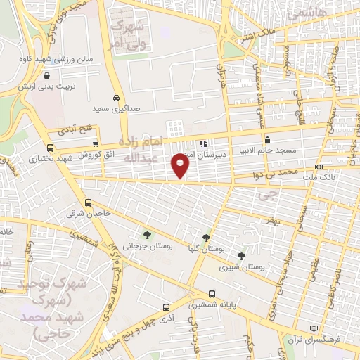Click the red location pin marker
click(181, 166)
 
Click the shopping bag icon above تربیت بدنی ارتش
click(46, 76)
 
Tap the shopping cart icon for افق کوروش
click(96, 144)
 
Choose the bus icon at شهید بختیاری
click(49, 148)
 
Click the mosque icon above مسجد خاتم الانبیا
click(266, 139)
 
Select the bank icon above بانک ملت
click(319, 167)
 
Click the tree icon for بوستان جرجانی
click(146, 236)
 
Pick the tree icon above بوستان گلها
click(205, 238)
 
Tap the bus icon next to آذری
click(166, 308)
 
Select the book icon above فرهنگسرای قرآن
click(314, 329)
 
